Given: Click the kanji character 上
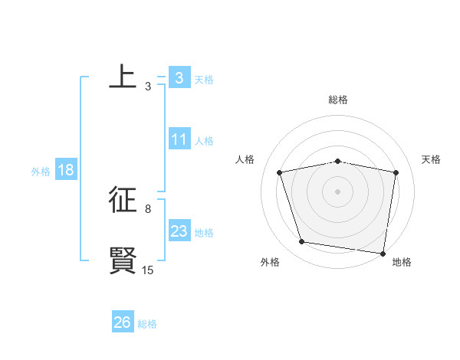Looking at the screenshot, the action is [123, 77].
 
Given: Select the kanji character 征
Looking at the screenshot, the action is [123, 200].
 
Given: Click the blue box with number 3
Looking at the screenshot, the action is [179, 77].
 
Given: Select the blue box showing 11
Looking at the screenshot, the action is [179, 139].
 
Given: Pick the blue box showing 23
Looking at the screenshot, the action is [179, 231].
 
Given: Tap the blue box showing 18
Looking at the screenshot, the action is [65, 170].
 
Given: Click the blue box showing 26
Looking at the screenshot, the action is [122, 322].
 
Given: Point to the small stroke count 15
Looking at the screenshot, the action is [148, 270].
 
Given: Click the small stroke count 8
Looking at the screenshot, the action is [148, 208].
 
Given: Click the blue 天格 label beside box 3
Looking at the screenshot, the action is [204, 79].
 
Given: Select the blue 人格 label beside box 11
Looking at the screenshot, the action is [204, 141].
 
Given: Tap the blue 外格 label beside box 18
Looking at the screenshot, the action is [41, 172].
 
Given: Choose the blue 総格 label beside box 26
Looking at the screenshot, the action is [147, 324].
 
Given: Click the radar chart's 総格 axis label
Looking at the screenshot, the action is [337, 100].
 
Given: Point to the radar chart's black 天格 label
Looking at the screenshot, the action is [432, 159].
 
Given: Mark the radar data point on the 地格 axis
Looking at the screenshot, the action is [383, 253].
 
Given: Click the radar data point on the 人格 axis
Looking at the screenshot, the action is [280, 172].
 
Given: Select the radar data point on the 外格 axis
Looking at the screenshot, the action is [302, 242].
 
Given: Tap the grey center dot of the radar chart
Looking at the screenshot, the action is [337, 191].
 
